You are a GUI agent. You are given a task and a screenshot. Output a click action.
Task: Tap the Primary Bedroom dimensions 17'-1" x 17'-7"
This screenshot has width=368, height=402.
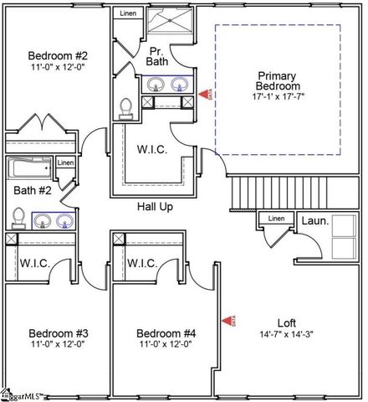pyautogui.click(x=278, y=97)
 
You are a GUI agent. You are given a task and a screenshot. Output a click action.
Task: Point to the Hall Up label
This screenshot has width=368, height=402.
pyautogui.click(x=155, y=206)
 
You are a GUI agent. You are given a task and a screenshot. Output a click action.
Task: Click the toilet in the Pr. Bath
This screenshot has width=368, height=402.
pyautogui.click(x=126, y=106)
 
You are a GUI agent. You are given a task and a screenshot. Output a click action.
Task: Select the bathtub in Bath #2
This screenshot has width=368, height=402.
pyautogui.click(x=32, y=168)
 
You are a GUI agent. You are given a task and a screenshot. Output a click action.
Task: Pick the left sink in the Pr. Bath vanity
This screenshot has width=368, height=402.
pyautogui.click(x=156, y=84)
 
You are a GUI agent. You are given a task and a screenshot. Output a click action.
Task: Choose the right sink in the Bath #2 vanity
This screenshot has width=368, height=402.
pyautogui.click(x=64, y=221)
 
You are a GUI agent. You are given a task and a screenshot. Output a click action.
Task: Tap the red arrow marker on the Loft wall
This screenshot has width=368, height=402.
pyautogui.click(x=227, y=320)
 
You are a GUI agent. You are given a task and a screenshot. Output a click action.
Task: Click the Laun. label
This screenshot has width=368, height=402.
pyautogui.click(x=314, y=220)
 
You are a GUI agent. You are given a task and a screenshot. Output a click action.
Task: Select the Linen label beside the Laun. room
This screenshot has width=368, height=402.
pyautogui.click(x=275, y=219)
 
